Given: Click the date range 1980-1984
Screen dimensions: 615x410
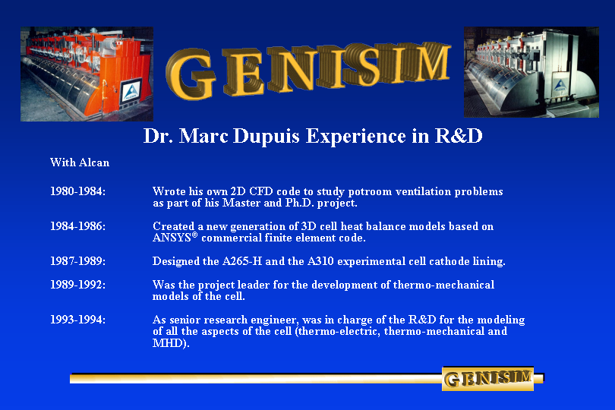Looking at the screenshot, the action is pyautogui.click(x=77, y=191).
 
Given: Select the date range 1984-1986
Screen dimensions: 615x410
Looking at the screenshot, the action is pyautogui.click(x=77, y=226).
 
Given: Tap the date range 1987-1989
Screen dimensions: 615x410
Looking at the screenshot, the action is pyautogui.click(x=77, y=261).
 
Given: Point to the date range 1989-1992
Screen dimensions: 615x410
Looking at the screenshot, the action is pyautogui.click(x=77, y=285).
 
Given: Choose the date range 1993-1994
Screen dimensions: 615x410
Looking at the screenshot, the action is pyautogui.click(x=77, y=320).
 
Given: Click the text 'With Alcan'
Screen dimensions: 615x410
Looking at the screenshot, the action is pyautogui.click(x=80, y=162).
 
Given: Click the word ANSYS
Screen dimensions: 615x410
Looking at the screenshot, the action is pyautogui.click(x=172, y=238).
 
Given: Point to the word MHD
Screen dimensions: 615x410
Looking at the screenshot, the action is pyautogui.click(x=167, y=343).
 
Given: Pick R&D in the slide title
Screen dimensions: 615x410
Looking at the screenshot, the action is pyautogui.click(x=459, y=135).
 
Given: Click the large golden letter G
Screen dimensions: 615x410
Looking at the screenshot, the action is pyautogui.click(x=191, y=74).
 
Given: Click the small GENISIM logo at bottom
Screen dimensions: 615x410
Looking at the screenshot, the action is pyautogui.click(x=487, y=379).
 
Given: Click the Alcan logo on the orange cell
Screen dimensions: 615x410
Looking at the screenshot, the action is pyautogui.click(x=131, y=93).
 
